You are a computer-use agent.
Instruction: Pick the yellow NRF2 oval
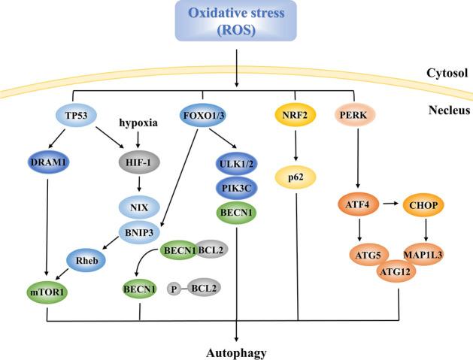296,116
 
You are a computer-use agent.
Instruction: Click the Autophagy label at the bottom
238,350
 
